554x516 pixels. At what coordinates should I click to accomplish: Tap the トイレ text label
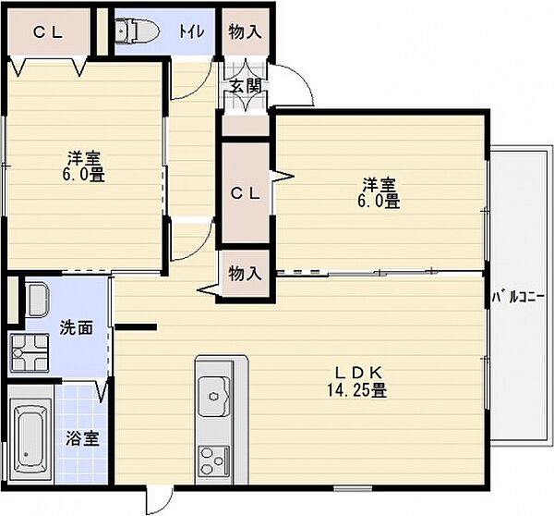click(192, 31)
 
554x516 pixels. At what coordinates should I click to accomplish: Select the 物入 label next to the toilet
click(245, 31)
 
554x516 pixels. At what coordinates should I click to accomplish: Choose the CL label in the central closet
click(245, 193)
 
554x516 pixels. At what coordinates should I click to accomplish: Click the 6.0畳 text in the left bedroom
click(84, 174)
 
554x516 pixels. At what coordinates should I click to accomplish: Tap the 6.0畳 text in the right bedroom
click(379, 200)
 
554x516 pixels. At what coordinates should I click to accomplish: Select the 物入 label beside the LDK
click(245, 274)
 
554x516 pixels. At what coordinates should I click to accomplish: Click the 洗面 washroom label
click(76, 327)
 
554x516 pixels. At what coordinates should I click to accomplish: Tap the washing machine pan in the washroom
click(28, 351)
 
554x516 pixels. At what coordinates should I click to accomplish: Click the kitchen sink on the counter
click(214, 395)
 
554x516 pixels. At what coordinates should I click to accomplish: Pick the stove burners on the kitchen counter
click(214, 458)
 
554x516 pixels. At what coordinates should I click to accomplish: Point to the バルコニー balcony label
click(518, 297)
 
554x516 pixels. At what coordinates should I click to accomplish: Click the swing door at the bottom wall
click(159, 500)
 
